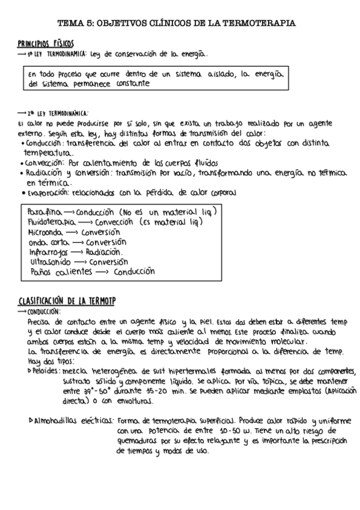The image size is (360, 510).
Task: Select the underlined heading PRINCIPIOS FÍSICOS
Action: pos(46,44)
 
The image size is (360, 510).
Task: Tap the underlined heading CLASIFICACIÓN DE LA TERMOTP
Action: pos(66,301)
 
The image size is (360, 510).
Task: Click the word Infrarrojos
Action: pos(49,252)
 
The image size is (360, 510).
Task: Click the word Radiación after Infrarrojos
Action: pos(105,252)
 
